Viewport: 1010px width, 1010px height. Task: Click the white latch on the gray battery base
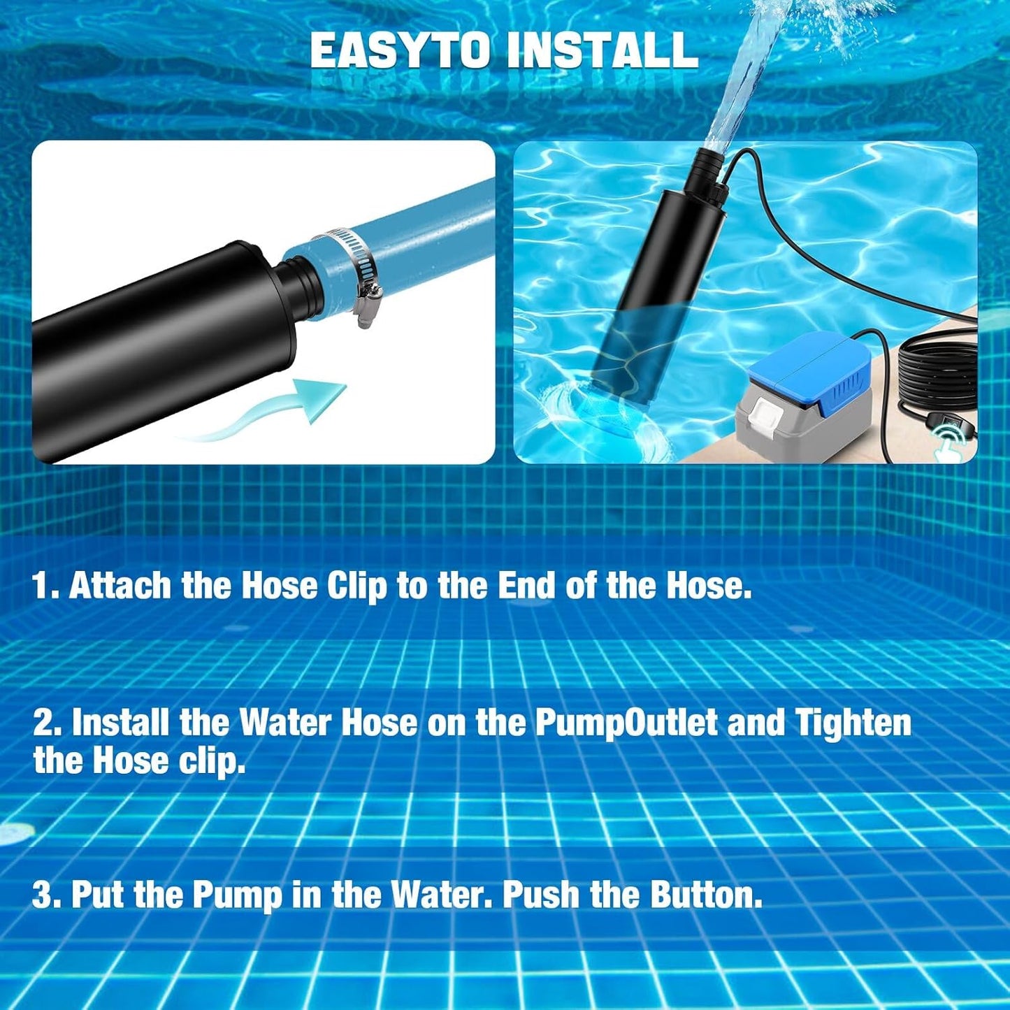coord(762,423)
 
